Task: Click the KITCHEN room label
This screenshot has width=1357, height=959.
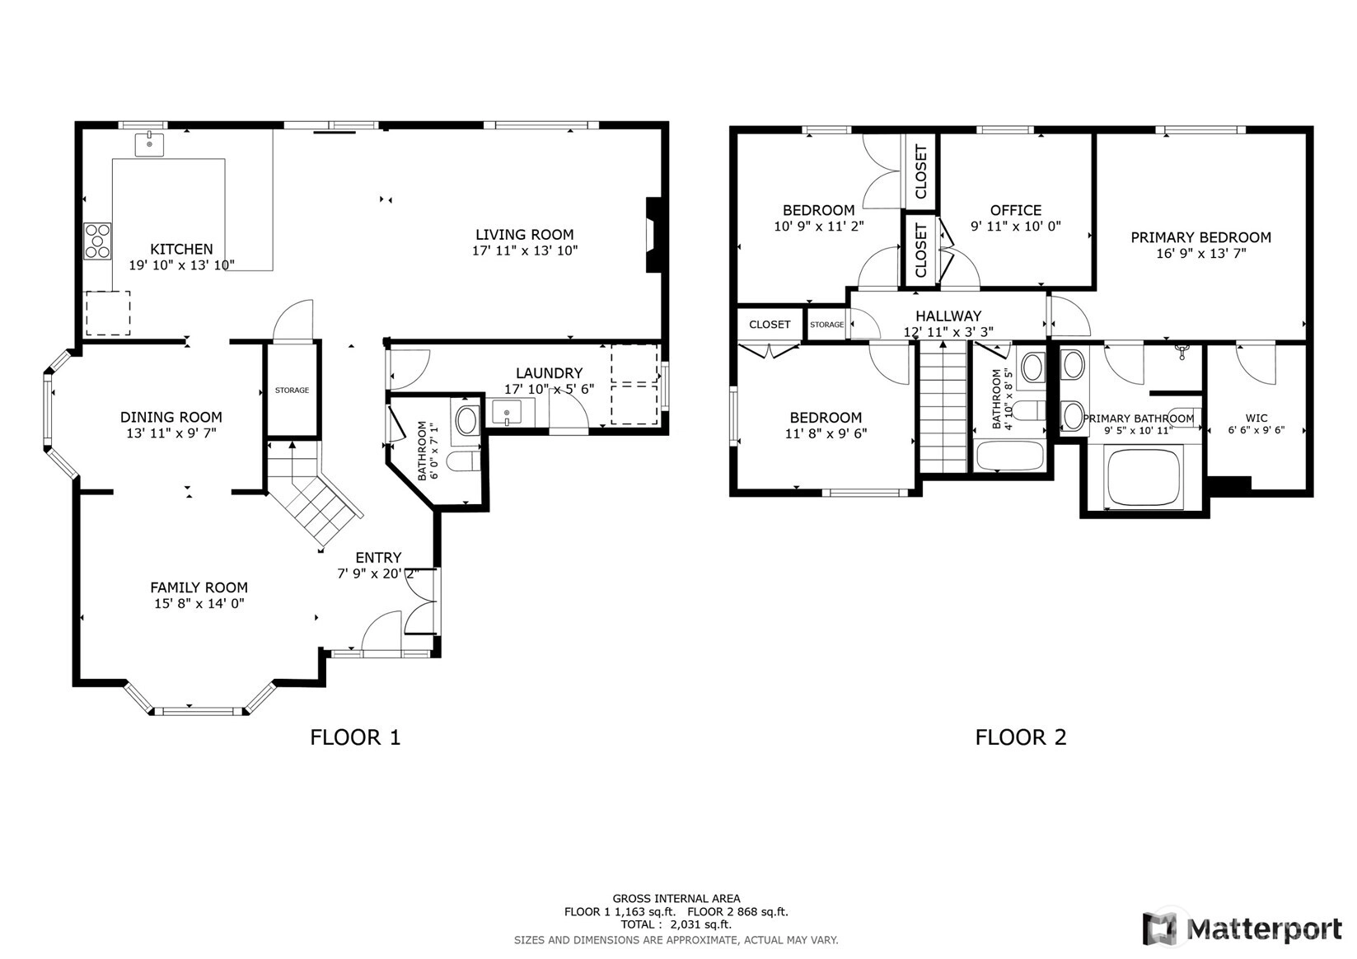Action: pos(181,249)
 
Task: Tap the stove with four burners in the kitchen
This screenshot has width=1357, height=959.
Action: pos(97,241)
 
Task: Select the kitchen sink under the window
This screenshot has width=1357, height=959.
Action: pos(149,144)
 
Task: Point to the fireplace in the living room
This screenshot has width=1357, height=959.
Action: pos(654,235)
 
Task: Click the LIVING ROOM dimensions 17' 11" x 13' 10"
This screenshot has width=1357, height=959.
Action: pos(525,250)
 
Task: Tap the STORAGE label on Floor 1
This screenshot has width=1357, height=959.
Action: pos(292,391)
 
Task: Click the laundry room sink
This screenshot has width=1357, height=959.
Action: pos(507,413)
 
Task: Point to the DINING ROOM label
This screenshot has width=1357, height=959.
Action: pos(171,417)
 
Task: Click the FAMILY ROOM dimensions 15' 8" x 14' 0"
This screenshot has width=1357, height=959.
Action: pos(199,603)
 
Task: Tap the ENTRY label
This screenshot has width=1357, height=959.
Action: pos(378,557)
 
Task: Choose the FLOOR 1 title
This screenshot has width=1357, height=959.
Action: pos(355,737)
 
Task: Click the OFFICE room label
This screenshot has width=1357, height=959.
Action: pos(1016,210)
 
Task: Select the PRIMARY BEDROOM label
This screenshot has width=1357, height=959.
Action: pos(1200,237)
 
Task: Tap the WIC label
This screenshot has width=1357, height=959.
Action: pos(1256,418)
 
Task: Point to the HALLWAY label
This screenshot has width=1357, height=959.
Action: pos(948,316)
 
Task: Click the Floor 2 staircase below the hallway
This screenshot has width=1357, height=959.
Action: pos(943,407)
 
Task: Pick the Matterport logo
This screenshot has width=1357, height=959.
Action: pos(1242,929)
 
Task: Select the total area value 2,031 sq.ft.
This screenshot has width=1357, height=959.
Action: pos(700,924)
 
